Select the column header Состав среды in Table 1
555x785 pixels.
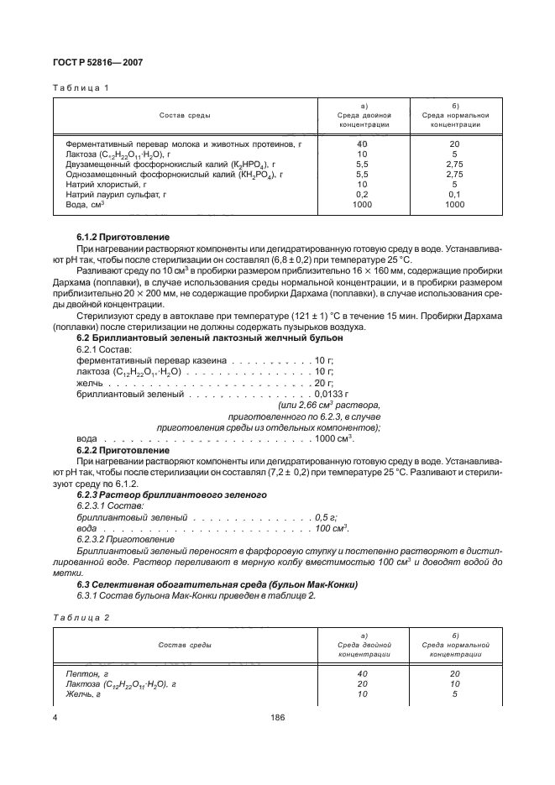pos(186,114)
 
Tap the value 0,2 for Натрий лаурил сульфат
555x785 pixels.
pos(363,193)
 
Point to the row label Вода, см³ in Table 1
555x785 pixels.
pos(85,203)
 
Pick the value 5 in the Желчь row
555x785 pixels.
pos(454,693)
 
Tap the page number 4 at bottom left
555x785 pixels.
pos(55,717)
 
